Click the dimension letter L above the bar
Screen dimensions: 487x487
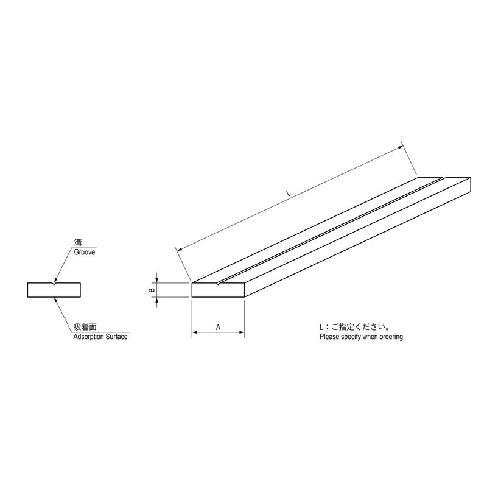tap(289, 194)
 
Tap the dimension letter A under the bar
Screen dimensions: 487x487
tap(218, 327)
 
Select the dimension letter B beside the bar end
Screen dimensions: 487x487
tap(152, 290)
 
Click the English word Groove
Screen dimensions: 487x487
tap(84, 252)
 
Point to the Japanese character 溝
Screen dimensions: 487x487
tap(78, 242)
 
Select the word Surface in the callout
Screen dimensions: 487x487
tap(116, 337)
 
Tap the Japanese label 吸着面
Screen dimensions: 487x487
tap(85, 327)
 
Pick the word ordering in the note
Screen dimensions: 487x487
tap(391, 337)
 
